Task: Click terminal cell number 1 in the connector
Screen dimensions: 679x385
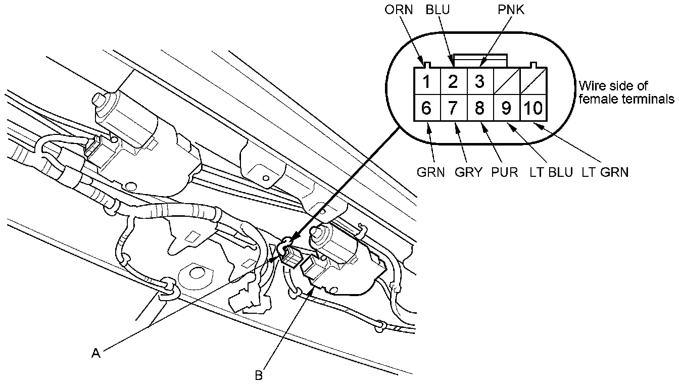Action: pos(427,81)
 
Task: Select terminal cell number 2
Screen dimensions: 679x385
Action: pos(454,81)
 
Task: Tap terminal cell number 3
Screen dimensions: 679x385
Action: pos(480,81)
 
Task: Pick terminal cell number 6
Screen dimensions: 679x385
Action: pos(427,108)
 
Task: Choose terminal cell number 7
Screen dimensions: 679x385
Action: pos(454,108)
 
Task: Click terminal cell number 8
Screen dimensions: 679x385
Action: pos(480,108)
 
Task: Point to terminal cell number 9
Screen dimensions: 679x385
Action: pos(507,108)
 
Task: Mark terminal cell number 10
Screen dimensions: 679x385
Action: pos(533,108)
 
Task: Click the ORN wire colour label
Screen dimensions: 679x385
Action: pos(399,10)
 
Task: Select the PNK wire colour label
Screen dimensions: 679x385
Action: pos(511,10)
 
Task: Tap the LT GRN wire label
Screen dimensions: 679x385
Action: pos(605,172)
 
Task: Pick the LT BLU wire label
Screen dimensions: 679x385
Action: pos(551,172)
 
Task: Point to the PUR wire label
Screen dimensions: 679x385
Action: pos(504,172)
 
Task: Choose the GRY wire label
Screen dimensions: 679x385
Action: pos(468,172)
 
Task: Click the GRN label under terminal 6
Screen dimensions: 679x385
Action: pos(430,172)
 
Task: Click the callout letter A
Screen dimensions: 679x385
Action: pos(96,353)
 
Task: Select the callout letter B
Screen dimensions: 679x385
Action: pos(259,375)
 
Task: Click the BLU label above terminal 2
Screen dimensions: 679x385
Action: pos(438,10)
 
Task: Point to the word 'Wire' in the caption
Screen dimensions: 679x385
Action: pos(591,86)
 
